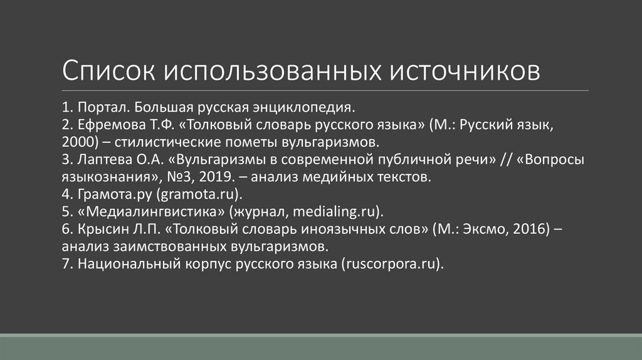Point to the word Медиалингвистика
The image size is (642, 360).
click(151, 209)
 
